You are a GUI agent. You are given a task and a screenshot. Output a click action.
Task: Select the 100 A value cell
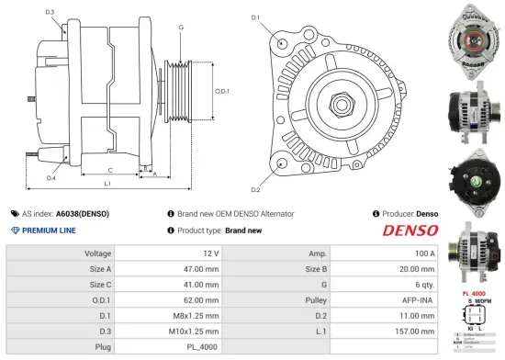423,253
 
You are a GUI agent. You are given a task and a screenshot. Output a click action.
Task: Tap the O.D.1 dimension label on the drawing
221,90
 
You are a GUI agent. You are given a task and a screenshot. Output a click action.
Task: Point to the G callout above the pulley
181,28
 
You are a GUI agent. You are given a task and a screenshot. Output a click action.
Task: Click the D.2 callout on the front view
255,189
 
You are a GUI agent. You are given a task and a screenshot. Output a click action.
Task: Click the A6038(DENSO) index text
83,213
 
